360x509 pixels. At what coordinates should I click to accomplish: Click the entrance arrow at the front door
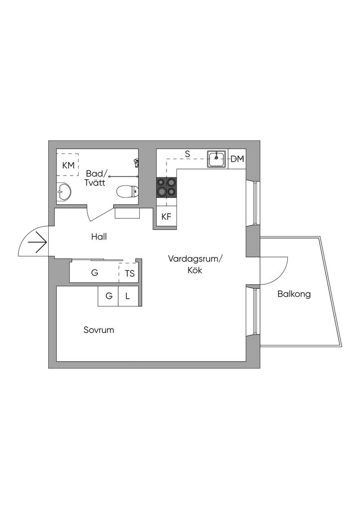pyautogui.click(x=38, y=243)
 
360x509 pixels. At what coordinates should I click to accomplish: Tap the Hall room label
pyautogui.click(x=99, y=237)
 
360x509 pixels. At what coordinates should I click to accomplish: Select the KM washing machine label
pyautogui.click(x=68, y=165)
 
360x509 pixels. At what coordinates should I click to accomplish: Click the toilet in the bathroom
pyautogui.click(x=127, y=191)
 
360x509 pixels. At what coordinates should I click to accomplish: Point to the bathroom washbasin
pyautogui.click(x=64, y=191)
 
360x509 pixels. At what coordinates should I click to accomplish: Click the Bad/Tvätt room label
pyautogui.click(x=96, y=178)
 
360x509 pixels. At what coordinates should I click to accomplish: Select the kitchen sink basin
pyautogui.click(x=217, y=159)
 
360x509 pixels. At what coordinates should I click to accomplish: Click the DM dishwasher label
pyautogui.click(x=237, y=159)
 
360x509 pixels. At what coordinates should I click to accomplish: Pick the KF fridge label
pyautogui.click(x=166, y=217)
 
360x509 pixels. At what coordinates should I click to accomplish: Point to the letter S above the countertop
pyautogui.click(x=187, y=154)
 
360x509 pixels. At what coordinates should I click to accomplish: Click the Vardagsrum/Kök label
pyautogui.click(x=195, y=264)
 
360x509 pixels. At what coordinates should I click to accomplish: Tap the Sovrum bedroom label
pyautogui.click(x=98, y=330)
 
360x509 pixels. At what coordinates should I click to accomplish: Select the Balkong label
pyautogui.click(x=294, y=294)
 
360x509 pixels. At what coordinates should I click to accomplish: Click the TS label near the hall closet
pyautogui.click(x=130, y=273)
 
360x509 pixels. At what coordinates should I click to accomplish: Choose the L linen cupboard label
pyautogui.click(x=128, y=296)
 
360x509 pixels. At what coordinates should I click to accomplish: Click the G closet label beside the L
pyautogui.click(x=109, y=296)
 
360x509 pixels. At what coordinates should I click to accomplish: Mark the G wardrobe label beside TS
pyautogui.click(x=94, y=273)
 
